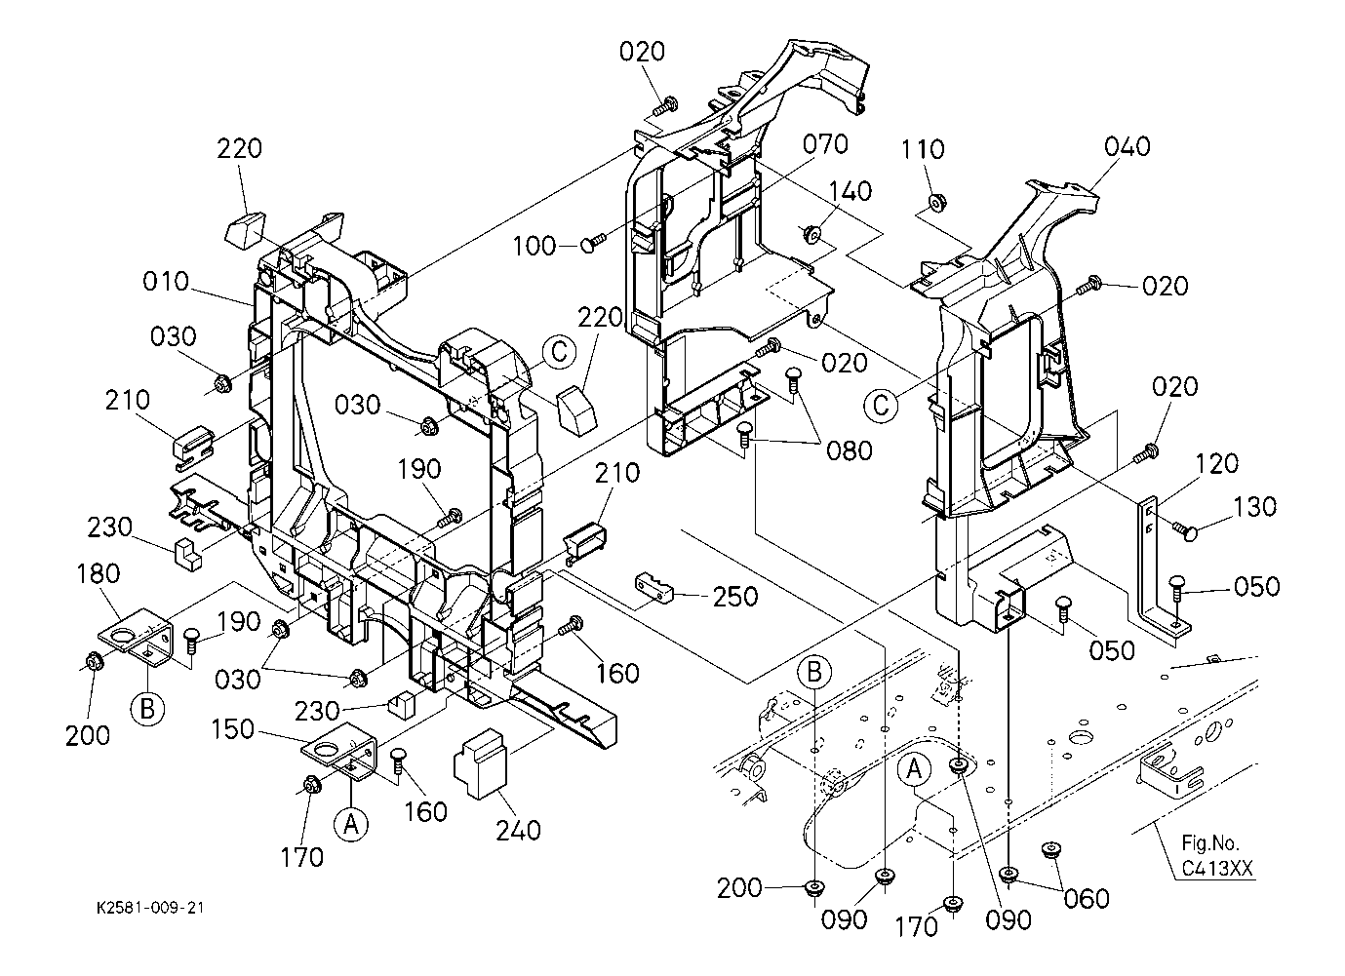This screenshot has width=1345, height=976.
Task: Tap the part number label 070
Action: (825, 144)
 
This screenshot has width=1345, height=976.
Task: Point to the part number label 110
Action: (923, 149)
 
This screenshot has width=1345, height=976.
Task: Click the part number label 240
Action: (518, 831)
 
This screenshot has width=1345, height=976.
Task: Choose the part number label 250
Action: (735, 596)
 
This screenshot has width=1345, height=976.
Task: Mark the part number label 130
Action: (1254, 507)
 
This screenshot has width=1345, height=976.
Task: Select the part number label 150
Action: (233, 729)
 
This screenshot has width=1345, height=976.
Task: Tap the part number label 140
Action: (851, 190)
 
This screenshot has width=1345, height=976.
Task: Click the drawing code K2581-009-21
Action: (150, 908)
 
